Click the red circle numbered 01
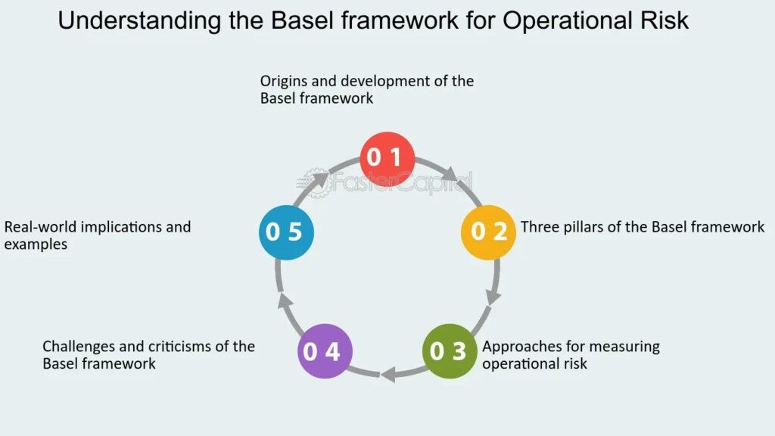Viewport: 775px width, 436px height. click(x=387, y=159)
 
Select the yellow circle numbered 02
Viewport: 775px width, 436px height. click(x=489, y=232)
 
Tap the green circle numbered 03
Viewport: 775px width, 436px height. click(x=450, y=351)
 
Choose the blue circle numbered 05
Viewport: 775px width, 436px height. click(x=285, y=232)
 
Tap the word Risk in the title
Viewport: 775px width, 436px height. click(x=663, y=21)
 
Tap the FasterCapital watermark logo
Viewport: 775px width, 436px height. click(x=387, y=182)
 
